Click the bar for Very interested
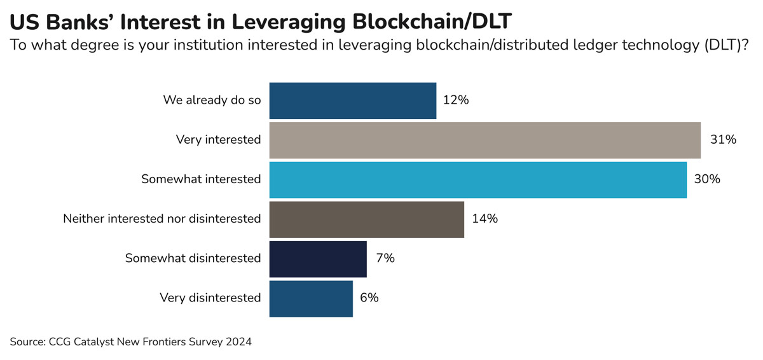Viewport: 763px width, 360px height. coord(485,140)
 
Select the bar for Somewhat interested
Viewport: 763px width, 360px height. coord(478,179)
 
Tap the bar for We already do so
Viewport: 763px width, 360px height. coord(352,100)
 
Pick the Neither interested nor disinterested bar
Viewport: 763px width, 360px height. coord(366,219)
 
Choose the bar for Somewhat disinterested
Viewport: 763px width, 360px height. coord(318,259)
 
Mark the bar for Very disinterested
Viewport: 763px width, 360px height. coord(311,298)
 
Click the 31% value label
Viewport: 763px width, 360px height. coord(723,140)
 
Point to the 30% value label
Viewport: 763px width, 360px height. coord(707,179)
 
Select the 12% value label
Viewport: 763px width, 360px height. coord(456,100)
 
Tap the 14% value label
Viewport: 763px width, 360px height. coord(485,219)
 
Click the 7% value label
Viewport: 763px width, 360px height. coord(385,259)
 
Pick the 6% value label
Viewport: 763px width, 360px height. coord(369,298)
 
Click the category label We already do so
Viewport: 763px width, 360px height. coord(212,100)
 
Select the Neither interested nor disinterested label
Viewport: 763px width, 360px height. coord(162,219)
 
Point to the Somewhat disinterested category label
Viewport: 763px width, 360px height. coord(193,259)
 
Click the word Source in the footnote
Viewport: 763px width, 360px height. coord(26,342)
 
